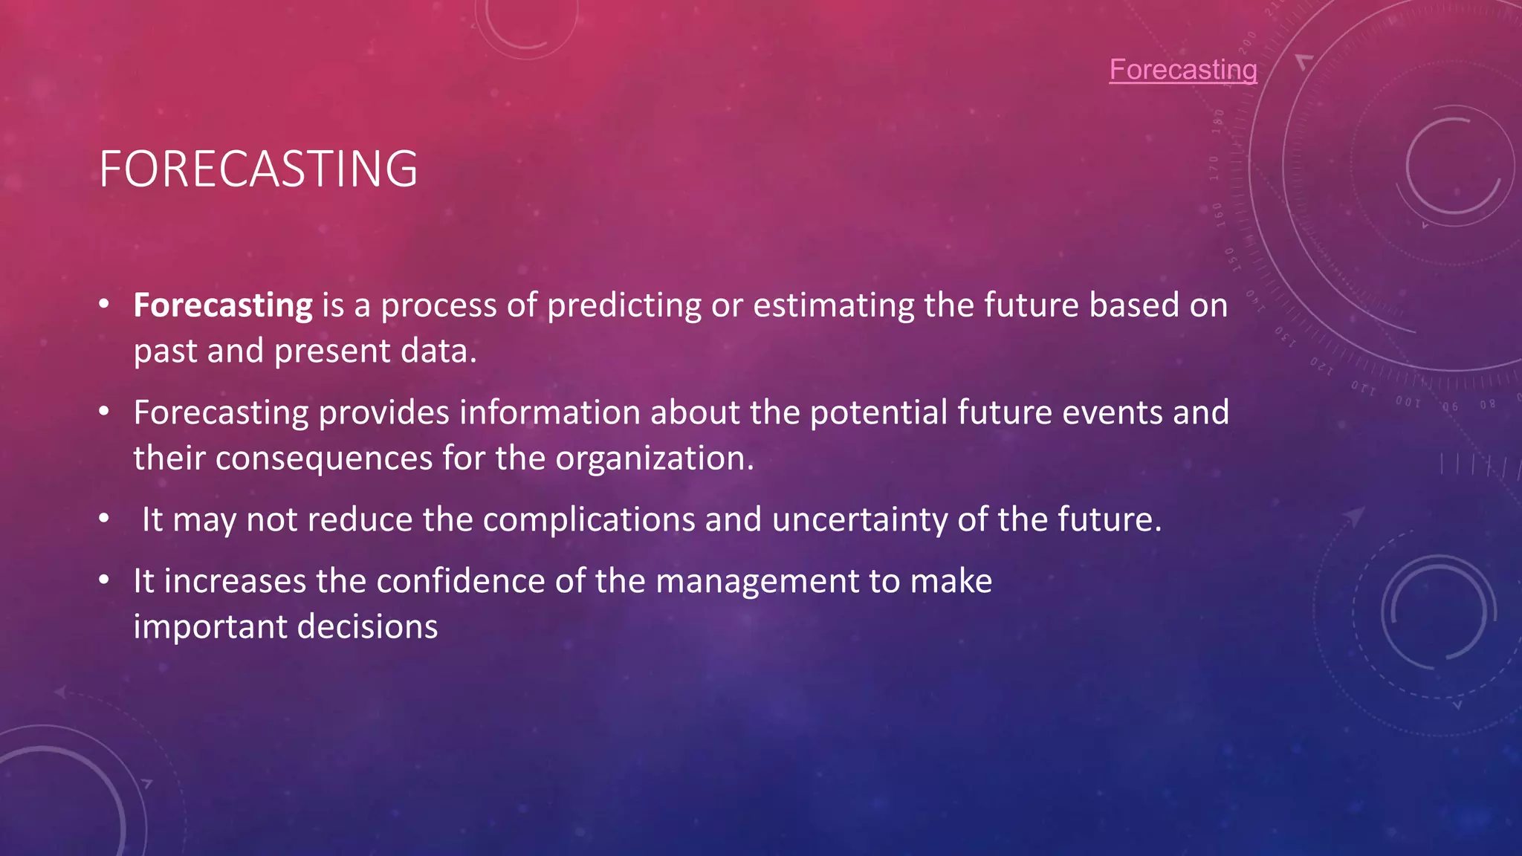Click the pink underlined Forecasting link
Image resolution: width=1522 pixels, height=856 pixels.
[1182, 70]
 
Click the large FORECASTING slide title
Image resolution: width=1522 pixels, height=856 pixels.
[258, 169]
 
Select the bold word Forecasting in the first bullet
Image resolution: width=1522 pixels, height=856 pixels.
[223, 306]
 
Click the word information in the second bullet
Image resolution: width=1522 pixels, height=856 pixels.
[549, 413]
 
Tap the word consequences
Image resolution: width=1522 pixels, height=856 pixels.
[324, 458]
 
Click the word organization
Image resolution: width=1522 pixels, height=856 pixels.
[654, 458]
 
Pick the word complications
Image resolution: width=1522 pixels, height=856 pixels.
[589, 520]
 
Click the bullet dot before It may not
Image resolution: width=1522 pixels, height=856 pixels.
[104, 519]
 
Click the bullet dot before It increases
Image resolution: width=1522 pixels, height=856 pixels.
[104, 580]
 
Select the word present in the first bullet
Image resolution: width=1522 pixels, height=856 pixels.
[332, 351]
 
